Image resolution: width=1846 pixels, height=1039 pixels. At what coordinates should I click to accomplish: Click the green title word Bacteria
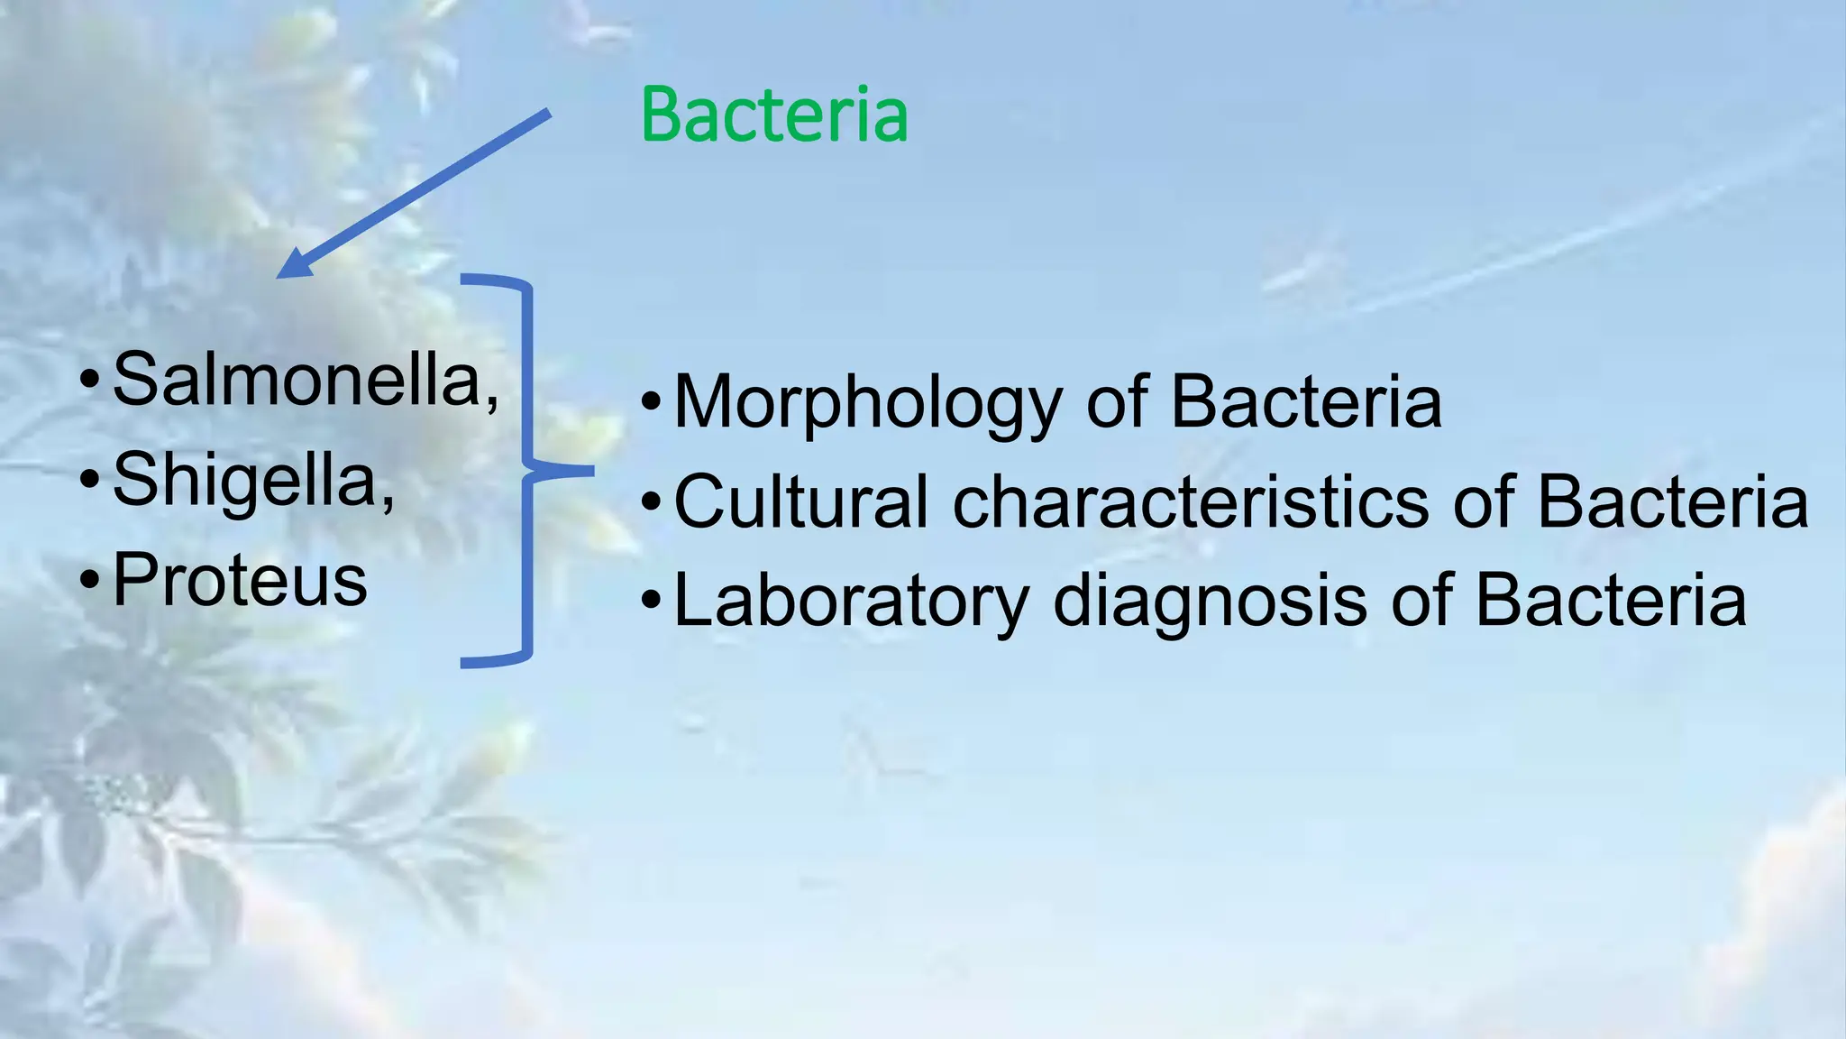(x=773, y=115)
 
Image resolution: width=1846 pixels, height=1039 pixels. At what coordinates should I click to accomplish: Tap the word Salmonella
(x=297, y=380)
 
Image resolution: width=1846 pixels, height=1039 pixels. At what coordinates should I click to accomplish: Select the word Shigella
(x=245, y=481)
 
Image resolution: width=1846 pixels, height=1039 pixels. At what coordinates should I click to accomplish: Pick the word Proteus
(x=240, y=580)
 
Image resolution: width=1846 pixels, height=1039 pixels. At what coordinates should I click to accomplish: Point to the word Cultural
(x=800, y=501)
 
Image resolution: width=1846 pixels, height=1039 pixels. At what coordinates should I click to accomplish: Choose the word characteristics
(x=1191, y=501)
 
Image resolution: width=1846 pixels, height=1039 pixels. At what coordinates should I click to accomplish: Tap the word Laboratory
(x=851, y=602)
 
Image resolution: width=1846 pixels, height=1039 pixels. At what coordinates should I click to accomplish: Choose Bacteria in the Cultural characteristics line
(x=1672, y=501)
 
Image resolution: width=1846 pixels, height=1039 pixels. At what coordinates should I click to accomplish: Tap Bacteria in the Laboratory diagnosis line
(x=1611, y=602)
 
